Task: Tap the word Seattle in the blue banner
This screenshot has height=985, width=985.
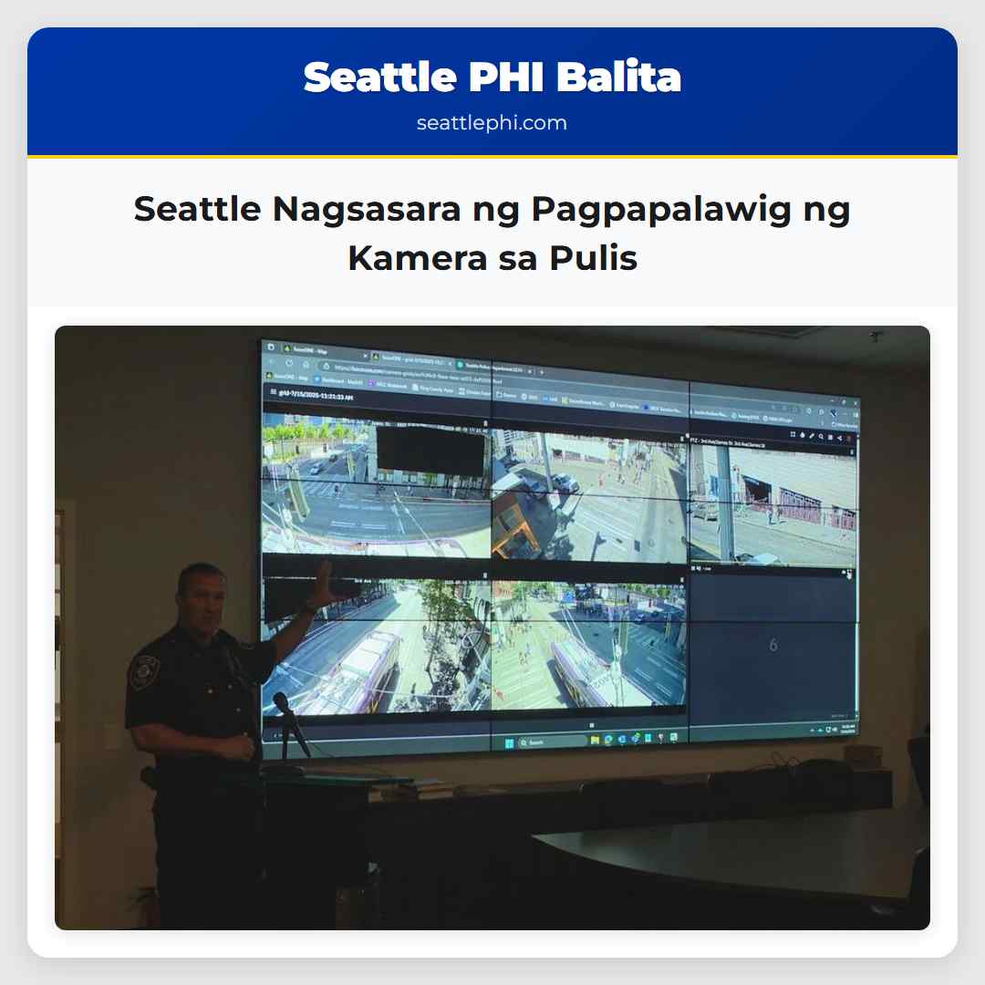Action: (x=380, y=78)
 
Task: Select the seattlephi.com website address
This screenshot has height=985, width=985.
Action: (x=492, y=123)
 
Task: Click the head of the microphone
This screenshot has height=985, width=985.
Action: (x=281, y=703)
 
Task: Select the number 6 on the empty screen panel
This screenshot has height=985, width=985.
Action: (x=773, y=645)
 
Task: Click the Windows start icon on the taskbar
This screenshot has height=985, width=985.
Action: (x=510, y=742)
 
